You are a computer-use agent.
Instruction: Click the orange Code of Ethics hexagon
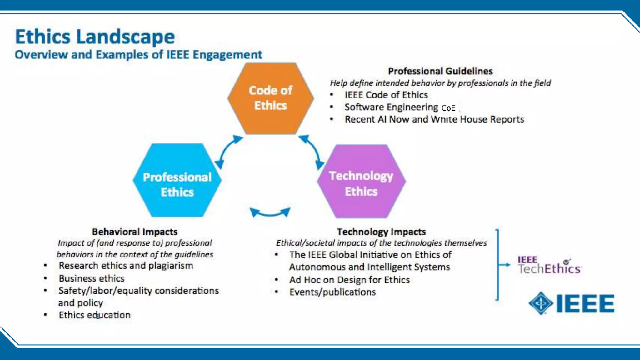tap(271, 98)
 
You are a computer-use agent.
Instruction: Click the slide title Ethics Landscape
tap(95, 37)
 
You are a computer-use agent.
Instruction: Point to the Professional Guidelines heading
tap(440, 71)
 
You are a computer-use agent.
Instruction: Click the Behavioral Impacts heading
tap(135, 232)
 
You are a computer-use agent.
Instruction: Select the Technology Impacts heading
tap(381, 232)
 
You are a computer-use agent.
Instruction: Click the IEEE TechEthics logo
tap(549, 266)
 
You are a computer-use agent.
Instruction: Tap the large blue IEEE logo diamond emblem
tap(541, 303)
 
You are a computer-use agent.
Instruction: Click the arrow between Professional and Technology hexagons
tap(270, 213)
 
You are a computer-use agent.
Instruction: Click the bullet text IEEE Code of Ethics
tap(386, 95)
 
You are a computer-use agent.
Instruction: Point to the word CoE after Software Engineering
tap(448, 108)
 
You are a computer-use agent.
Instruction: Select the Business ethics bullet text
tap(92, 278)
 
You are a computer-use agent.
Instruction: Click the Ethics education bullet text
tap(94, 315)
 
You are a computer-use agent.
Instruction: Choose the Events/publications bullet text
tap(332, 292)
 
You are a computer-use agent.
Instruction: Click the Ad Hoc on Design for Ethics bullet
tap(349, 280)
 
